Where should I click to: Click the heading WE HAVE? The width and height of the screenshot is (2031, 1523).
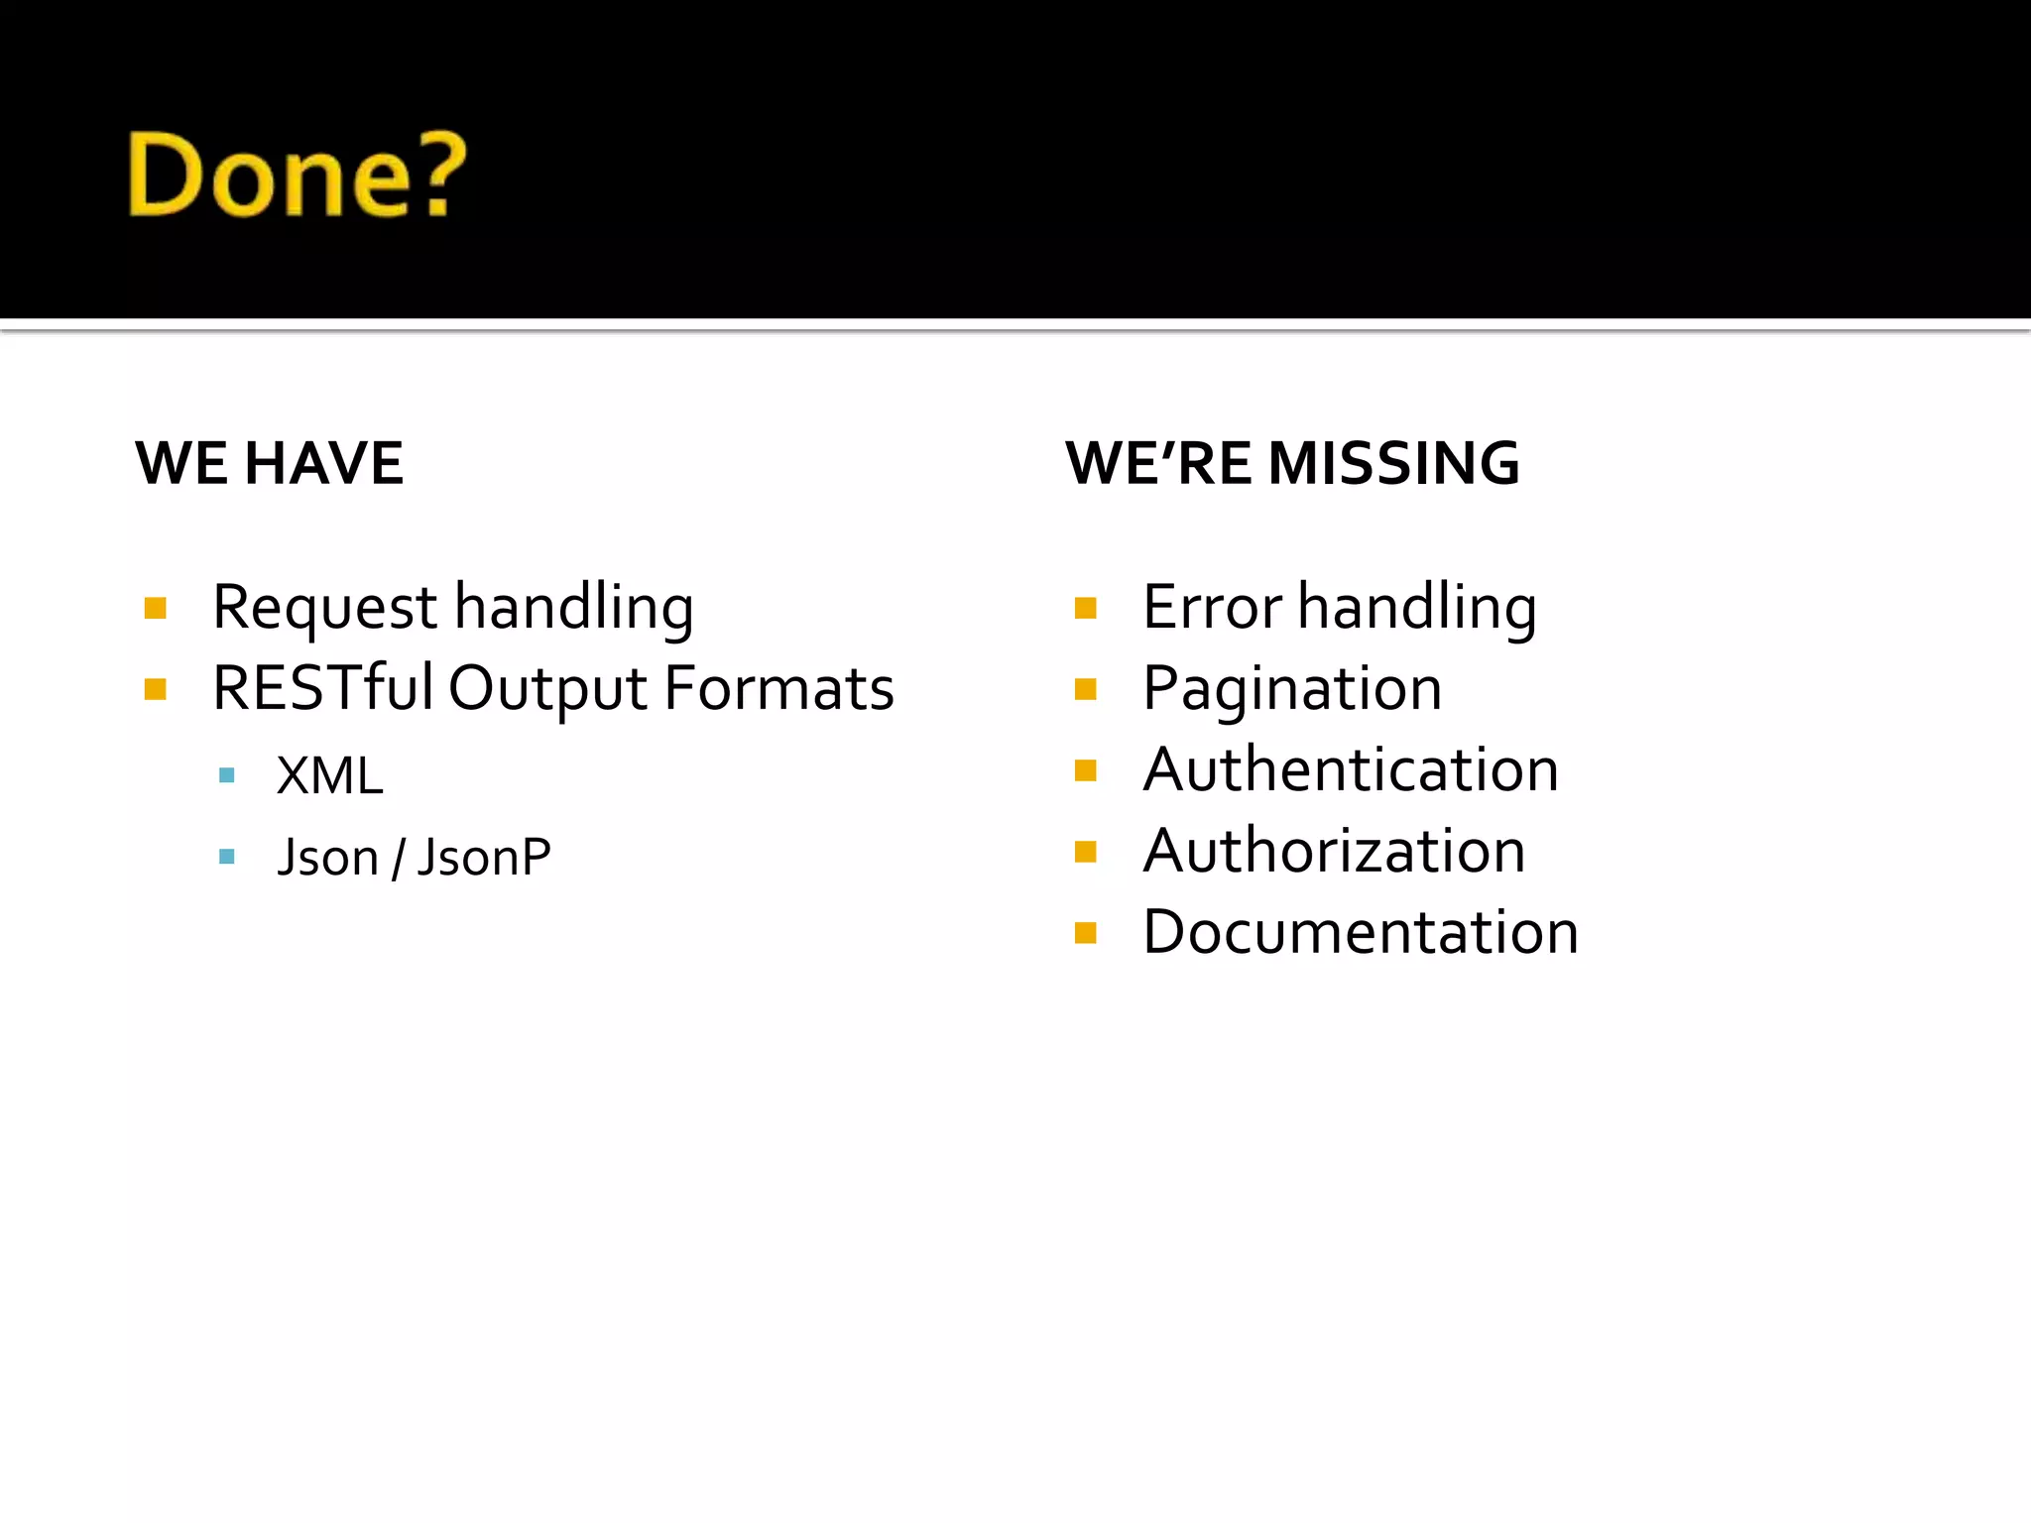pyautogui.click(x=270, y=463)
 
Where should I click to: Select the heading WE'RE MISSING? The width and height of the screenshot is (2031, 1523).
pyautogui.click(x=1292, y=463)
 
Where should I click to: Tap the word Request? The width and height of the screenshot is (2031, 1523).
pyautogui.click(x=324, y=608)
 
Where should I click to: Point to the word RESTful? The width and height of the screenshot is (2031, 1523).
pyautogui.click(x=322, y=688)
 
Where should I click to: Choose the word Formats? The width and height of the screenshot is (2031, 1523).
pyautogui.click(x=779, y=688)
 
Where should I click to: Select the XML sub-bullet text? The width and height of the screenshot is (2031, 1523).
pyautogui.click(x=329, y=775)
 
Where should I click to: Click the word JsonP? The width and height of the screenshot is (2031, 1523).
pyautogui.click(x=484, y=857)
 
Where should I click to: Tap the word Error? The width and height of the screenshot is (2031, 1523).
pyautogui.click(x=1212, y=607)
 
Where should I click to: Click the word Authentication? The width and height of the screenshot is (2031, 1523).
pyautogui.click(x=1351, y=769)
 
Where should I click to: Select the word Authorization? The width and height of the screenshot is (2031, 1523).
pyautogui.click(x=1334, y=851)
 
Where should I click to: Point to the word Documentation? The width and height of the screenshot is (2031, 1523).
pyautogui.click(x=1361, y=932)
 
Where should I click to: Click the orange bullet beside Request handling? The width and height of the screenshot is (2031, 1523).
pyautogui.click(x=155, y=608)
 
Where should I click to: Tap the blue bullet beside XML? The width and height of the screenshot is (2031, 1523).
pyautogui.click(x=227, y=775)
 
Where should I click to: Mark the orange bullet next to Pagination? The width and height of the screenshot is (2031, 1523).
pyautogui.click(x=1086, y=689)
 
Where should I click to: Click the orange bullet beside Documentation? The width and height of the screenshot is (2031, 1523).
pyautogui.click(x=1086, y=933)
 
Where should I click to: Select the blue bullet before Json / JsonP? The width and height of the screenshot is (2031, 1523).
pyautogui.click(x=227, y=857)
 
